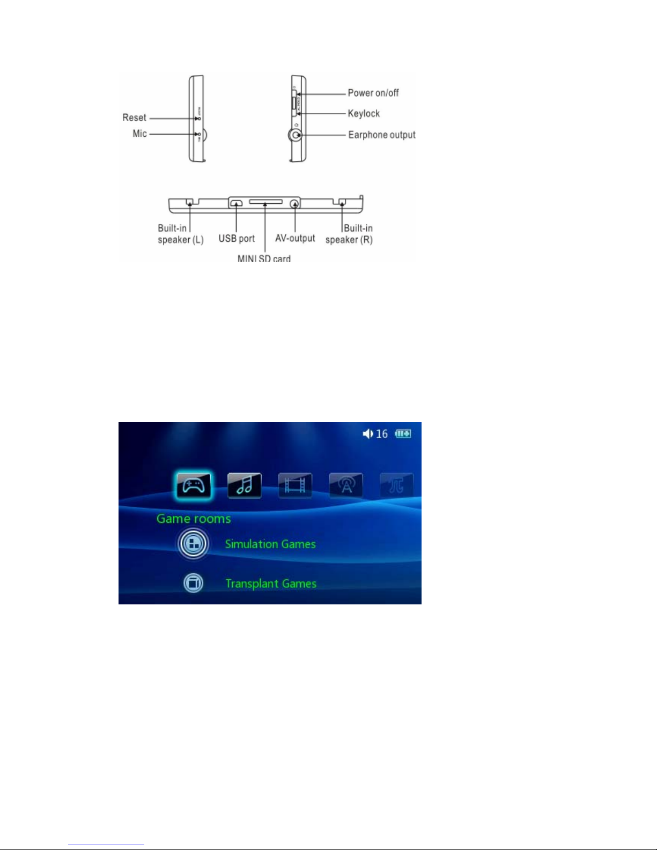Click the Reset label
pyautogui.click(x=134, y=117)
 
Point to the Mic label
pyautogui.click(x=139, y=134)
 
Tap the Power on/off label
pyautogui.click(x=373, y=93)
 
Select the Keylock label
pyautogui.click(x=364, y=113)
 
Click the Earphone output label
pyautogui.click(x=382, y=135)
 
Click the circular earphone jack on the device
pyautogui.click(x=296, y=135)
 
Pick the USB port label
pyautogui.click(x=237, y=239)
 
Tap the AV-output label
pyautogui.click(x=295, y=238)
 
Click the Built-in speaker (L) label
pyautogui.click(x=180, y=234)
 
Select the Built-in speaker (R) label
pyautogui.click(x=349, y=234)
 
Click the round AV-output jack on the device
pyautogui.click(x=294, y=204)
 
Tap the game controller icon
pyautogui.click(x=194, y=486)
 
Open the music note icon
pyautogui.click(x=245, y=486)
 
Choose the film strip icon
pyautogui.click(x=295, y=486)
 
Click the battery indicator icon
pyautogui.click(x=403, y=433)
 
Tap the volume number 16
pyautogui.click(x=382, y=434)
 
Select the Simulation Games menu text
pyautogui.click(x=270, y=544)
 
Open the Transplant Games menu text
pyautogui.click(x=271, y=583)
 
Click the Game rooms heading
pyautogui.click(x=194, y=519)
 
